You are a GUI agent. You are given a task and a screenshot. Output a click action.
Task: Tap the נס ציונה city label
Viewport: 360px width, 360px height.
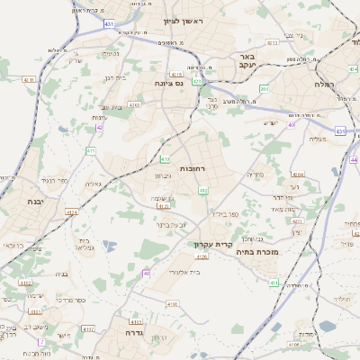167,84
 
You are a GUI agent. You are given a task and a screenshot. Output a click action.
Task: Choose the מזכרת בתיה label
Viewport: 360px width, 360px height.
256,253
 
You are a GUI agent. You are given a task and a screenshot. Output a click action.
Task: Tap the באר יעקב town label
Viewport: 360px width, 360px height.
247,61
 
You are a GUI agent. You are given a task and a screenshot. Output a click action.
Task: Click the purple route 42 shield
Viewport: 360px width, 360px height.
99,129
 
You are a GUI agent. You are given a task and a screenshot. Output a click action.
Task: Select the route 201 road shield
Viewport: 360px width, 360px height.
264,88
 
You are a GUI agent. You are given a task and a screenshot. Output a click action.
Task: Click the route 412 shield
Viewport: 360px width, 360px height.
203,191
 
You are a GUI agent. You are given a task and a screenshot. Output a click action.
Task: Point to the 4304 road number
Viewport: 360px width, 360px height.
298,174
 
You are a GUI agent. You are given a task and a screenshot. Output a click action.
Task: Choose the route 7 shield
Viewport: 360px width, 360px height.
40,342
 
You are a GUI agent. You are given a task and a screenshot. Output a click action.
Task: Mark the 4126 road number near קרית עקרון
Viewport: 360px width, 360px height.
202,256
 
